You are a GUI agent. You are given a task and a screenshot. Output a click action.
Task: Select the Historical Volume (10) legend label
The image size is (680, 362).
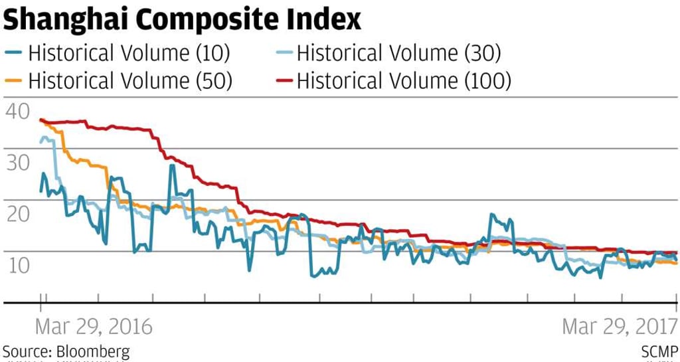(130, 52)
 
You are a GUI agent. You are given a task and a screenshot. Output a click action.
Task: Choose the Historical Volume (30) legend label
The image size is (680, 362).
(398, 52)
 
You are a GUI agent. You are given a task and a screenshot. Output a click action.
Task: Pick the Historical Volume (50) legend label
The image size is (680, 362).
(130, 81)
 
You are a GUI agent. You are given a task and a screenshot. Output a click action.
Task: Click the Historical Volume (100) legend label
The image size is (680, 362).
(404, 81)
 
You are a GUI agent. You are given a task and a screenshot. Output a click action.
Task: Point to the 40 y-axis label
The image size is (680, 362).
(17, 110)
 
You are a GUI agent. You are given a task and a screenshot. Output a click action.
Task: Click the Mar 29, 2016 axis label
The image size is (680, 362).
(94, 327)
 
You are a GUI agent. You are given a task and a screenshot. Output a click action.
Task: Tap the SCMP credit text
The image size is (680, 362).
(659, 351)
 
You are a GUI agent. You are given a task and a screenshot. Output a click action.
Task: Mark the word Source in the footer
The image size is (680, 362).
(25, 351)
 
